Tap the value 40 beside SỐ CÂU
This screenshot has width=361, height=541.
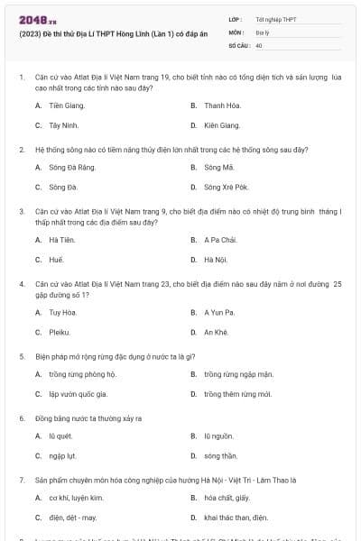tap(259, 44)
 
